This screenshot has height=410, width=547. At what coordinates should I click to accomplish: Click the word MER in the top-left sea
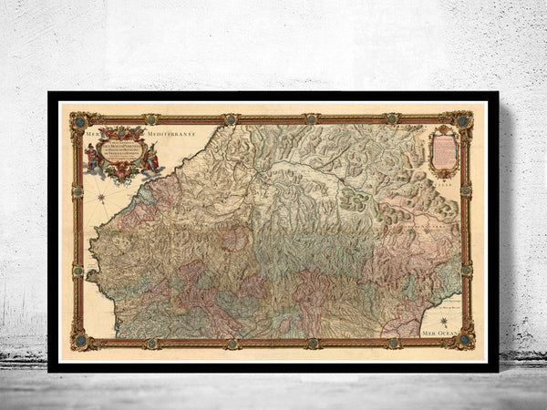pyautogui.click(x=91, y=133)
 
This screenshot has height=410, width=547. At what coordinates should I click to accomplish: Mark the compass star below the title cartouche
pyautogui.click(x=102, y=196)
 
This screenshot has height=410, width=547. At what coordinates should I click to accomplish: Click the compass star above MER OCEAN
pyautogui.click(x=443, y=320)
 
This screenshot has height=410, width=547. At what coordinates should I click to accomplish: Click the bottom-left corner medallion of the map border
pyautogui.click(x=77, y=343)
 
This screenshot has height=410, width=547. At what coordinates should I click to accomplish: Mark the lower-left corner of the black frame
pyautogui.click(x=50, y=369)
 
